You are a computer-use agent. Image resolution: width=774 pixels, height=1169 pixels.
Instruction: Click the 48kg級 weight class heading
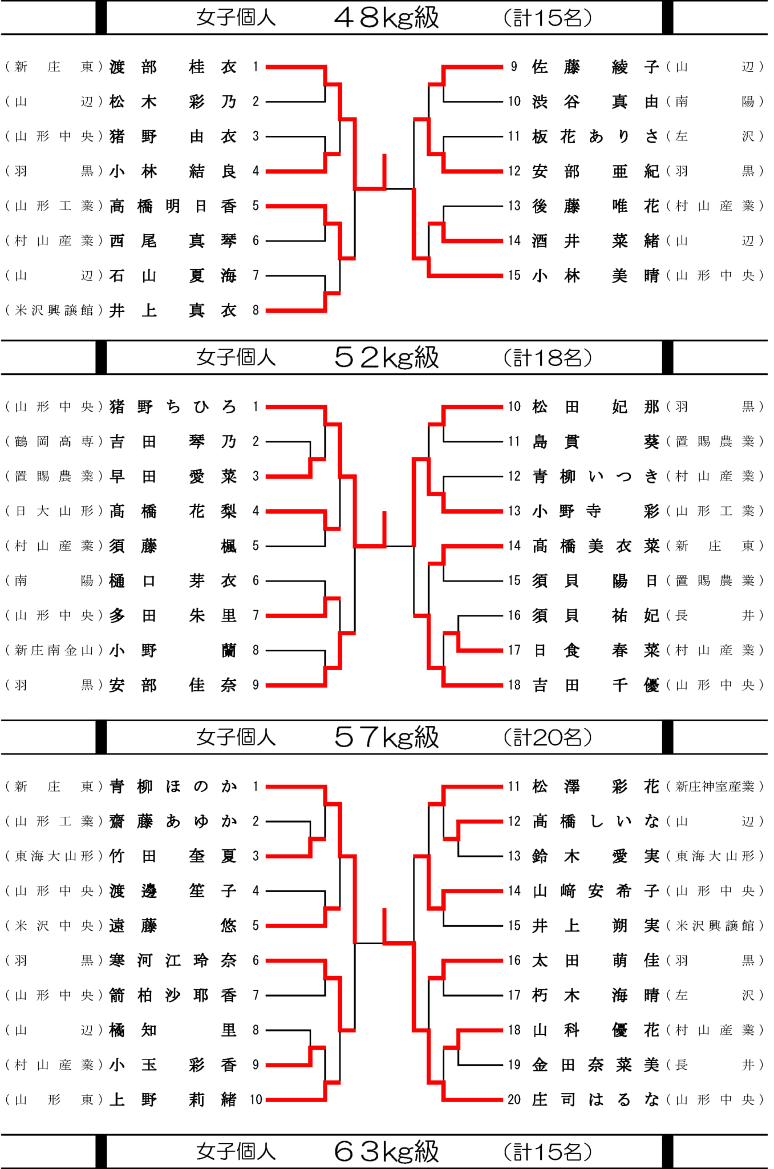pos(386,18)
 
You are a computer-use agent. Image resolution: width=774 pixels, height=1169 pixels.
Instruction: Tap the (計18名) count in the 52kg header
pos(548,358)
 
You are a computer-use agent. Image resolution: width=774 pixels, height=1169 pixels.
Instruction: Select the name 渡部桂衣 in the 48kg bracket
pos(173,67)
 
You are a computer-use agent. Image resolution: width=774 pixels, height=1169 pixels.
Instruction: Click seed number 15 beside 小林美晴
pos(514,276)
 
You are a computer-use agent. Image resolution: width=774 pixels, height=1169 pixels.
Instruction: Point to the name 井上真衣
pos(173,311)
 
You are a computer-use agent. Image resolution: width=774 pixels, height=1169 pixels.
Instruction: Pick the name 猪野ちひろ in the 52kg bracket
pos(173,407)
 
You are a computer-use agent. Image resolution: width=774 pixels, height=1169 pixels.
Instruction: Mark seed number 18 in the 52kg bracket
pos(514,685)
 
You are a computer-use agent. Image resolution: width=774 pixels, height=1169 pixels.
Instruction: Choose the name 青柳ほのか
pos(173,787)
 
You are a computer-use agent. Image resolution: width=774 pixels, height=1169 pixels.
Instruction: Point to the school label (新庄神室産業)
pos(715,787)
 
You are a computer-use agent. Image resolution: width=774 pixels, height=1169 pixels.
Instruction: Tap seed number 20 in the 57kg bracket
pos(514,1100)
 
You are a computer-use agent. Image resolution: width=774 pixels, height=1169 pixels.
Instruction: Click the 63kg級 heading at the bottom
pos(386,1152)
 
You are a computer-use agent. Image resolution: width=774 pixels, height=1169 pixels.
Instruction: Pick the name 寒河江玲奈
pos(173,961)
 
